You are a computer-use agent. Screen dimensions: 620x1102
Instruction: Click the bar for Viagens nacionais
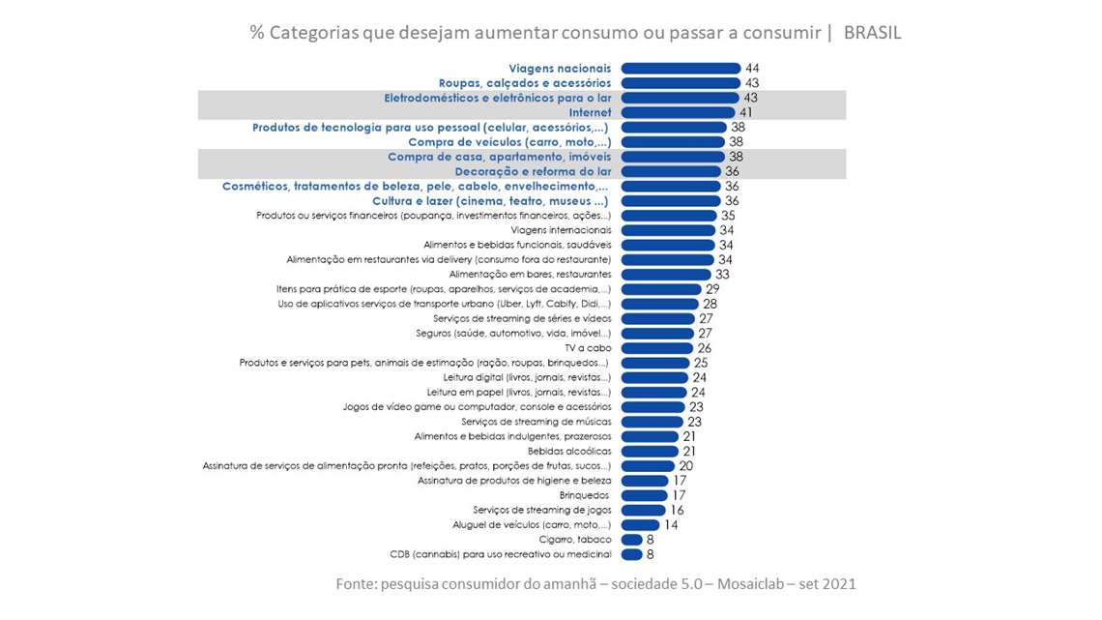(681, 69)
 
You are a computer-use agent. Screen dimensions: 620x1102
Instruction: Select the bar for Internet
(678, 112)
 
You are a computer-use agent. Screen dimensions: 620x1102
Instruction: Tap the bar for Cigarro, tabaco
(632, 540)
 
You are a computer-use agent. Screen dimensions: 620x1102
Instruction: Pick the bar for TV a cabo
(657, 348)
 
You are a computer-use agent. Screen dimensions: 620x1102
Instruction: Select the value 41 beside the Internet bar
(746, 112)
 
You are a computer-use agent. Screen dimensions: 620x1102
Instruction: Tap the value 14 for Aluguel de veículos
(671, 525)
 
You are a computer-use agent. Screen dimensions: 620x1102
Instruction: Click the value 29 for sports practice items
(713, 289)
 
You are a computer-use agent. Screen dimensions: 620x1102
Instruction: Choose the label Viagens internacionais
(561, 230)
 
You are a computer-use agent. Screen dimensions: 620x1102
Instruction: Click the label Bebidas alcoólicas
(569, 452)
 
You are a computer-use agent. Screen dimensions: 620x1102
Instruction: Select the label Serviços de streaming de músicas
(536, 422)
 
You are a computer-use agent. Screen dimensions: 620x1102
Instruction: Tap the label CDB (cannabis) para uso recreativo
(501, 554)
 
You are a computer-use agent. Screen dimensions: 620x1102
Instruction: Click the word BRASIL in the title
(872, 33)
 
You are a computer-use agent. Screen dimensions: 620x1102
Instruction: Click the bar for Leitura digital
(654, 377)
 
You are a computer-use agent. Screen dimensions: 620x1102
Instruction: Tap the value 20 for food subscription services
(685, 466)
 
